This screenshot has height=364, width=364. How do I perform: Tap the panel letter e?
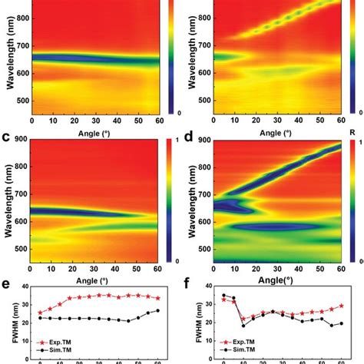click(x=7, y=284)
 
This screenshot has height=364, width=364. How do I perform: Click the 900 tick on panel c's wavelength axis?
click(x=21, y=141)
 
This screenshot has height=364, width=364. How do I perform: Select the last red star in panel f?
click(x=341, y=306)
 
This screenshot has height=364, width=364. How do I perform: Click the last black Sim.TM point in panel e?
click(x=157, y=311)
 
